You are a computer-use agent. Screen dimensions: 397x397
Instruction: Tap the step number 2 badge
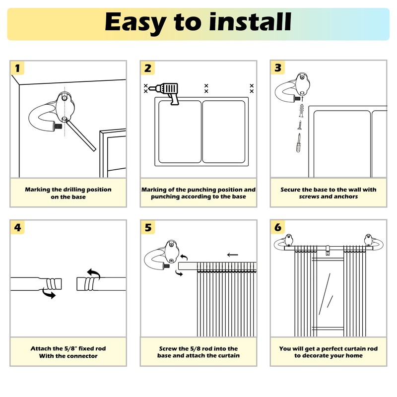coord(147,68)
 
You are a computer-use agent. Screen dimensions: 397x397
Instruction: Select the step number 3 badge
coord(278,68)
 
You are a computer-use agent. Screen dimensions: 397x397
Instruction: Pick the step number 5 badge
coord(147,228)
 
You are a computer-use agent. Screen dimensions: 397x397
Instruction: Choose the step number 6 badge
coord(278,228)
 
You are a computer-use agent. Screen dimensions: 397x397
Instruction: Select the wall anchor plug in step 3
coord(300,109)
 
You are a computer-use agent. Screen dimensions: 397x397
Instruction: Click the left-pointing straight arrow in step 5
coord(232,255)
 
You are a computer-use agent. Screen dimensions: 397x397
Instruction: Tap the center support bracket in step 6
coord(328,252)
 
